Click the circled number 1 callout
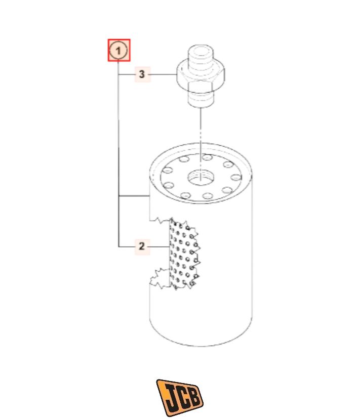pos(119,51)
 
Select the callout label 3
pos(142,74)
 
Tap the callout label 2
pos(142,246)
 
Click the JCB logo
pos(180,397)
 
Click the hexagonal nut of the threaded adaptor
pos(201,74)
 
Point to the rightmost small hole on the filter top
pos(236,177)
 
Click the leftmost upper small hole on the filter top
pos(168,170)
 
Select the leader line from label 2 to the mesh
pos(159,246)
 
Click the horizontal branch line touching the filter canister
pos(134,196)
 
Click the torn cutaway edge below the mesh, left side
pos(160,279)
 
